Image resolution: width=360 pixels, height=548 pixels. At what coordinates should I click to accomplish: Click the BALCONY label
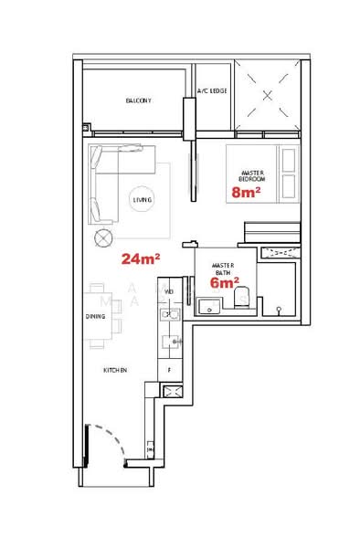tap(139, 100)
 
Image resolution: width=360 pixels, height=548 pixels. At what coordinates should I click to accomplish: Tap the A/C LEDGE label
tap(212, 91)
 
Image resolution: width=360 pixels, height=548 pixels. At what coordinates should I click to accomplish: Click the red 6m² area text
tap(224, 282)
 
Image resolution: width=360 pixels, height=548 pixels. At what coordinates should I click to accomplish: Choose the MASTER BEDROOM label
tap(253, 174)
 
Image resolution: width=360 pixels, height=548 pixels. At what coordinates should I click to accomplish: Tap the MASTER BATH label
tap(224, 267)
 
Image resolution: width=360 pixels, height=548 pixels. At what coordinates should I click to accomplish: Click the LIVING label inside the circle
tap(143, 199)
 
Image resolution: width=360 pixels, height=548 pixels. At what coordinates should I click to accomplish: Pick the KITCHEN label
tap(114, 370)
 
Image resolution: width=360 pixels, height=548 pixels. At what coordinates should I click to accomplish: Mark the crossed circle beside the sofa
tap(101, 237)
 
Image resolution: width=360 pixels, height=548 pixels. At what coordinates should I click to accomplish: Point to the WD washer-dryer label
tap(169, 291)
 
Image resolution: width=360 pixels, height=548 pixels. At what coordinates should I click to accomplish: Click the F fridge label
tap(169, 370)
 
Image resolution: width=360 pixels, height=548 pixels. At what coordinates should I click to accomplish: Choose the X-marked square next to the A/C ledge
tap(268, 95)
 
